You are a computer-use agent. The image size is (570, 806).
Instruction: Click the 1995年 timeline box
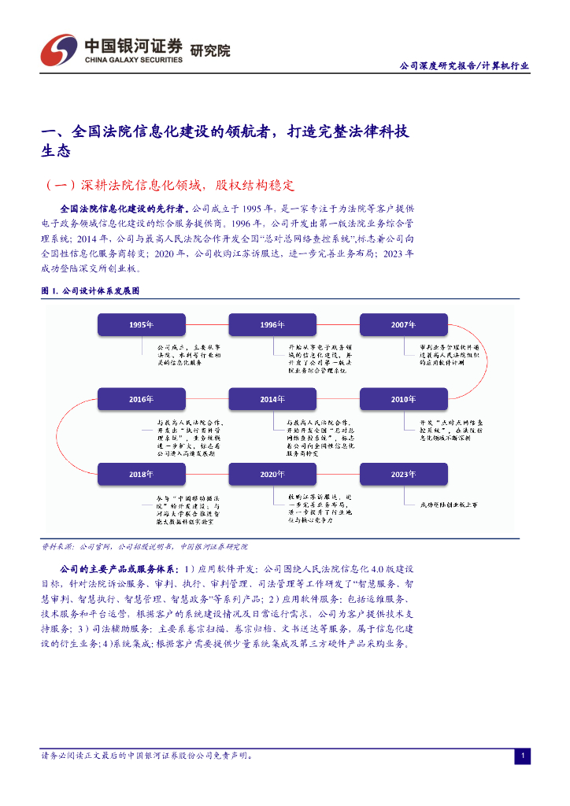point(141,324)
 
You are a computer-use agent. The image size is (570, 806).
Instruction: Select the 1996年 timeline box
point(272,324)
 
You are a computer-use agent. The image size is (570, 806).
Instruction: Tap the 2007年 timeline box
point(403,324)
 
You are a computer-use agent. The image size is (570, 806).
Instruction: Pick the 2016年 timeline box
point(141,399)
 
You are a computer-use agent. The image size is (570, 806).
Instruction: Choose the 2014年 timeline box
point(272,399)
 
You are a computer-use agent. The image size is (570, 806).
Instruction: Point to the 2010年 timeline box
point(403,399)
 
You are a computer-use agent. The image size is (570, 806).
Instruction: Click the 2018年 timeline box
point(141,474)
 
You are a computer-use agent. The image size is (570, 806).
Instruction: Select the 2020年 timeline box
point(272,474)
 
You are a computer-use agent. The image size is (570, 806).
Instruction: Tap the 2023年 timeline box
point(403,474)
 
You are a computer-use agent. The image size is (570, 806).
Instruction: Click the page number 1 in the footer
point(522,756)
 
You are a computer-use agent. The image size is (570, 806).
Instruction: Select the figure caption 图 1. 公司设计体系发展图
point(90,290)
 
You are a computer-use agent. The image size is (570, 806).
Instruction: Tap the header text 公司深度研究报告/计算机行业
point(465,66)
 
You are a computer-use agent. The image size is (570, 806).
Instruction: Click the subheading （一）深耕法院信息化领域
point(169,186)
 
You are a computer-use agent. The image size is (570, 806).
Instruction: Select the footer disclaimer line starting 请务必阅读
point(147,756)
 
